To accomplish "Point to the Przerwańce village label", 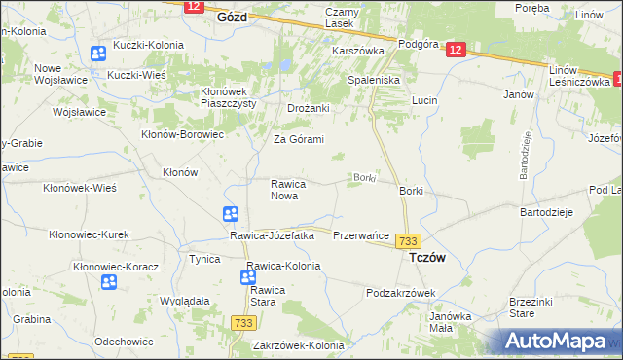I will [x=361, y=236].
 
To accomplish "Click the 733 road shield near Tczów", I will [x=409, y=240].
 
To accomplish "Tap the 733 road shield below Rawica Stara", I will [x=243, y=322].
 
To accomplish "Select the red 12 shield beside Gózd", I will [x=192, y=6].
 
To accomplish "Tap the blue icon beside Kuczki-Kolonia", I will [x=98, y=54].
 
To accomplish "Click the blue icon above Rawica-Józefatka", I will [x=231, y=214].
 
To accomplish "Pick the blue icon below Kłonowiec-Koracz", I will [x=109, y=282].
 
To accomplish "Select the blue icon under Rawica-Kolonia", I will [x=248, y=278].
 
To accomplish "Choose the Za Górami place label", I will [x=298, y=139].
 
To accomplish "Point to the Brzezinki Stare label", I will [x=531, y=307].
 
